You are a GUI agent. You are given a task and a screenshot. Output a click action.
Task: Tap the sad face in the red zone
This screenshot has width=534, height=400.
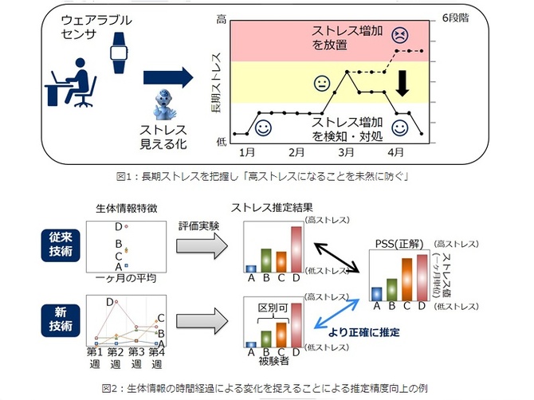399,36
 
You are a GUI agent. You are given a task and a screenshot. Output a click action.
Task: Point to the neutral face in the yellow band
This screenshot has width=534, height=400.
322,82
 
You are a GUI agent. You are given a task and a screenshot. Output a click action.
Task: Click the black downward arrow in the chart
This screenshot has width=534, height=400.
403,85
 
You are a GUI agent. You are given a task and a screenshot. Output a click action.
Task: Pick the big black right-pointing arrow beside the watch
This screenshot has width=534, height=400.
168,77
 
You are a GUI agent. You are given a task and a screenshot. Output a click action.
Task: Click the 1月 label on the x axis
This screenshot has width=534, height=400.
247,151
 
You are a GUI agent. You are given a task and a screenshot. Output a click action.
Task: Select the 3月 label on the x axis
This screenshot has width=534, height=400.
345,151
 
